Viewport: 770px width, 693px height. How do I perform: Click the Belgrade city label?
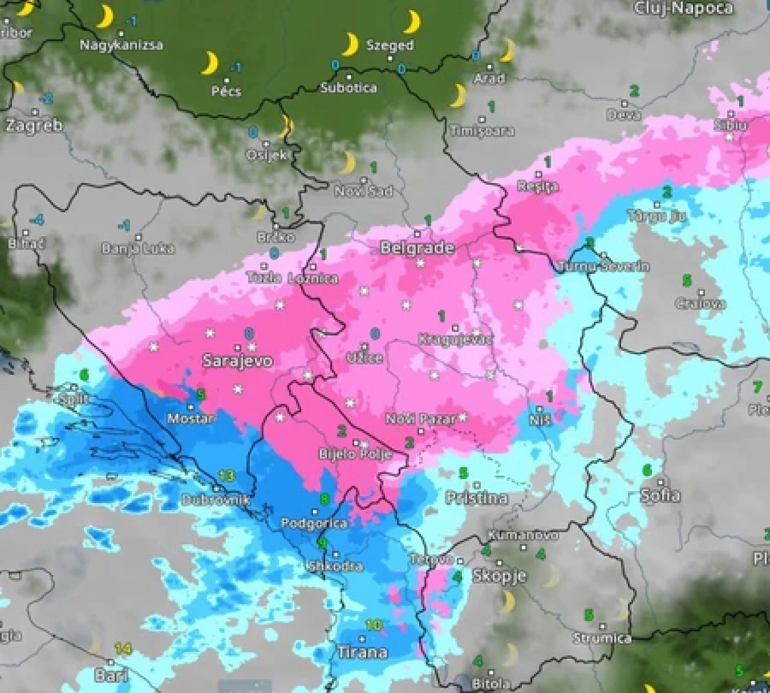click(417, 248)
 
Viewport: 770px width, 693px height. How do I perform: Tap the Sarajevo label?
click(238, 361)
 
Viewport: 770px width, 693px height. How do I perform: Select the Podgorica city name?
click(315, 524)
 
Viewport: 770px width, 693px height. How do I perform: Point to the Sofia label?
click(660, 495)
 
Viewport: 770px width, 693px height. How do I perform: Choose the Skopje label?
click(499, 576)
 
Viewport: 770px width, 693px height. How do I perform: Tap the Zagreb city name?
click(34, 125)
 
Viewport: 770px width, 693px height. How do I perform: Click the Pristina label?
click(477, 498)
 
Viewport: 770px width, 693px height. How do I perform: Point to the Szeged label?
click(389, 45)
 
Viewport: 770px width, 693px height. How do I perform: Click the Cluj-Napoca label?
click(684, 8)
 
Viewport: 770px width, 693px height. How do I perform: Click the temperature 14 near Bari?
click(123, 649)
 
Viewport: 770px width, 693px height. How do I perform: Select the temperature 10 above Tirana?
click(373, 625)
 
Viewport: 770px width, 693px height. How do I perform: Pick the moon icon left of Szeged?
click(350, 44)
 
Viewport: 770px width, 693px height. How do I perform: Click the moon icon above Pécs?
click(209, 62)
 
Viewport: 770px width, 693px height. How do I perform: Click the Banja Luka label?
click(138, 249)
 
